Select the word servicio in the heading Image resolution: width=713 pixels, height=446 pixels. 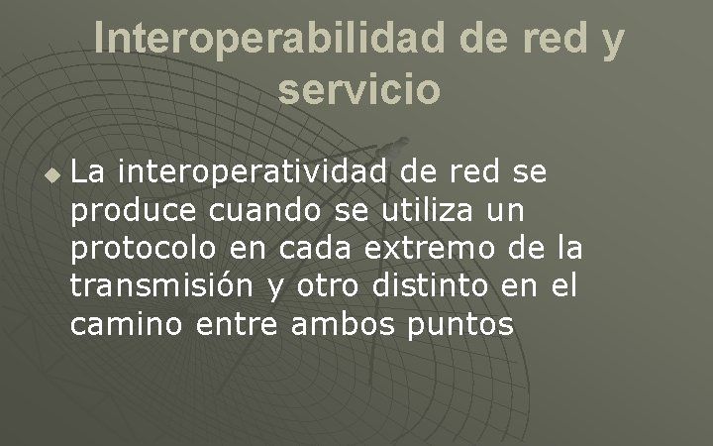coord(358,89)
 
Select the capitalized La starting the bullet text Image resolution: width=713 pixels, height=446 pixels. coord(87,173)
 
